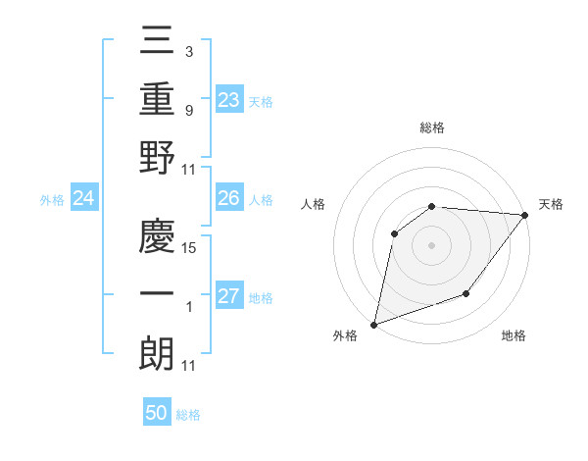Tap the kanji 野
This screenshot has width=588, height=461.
(158, 158)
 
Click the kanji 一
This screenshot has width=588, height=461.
(158, 295)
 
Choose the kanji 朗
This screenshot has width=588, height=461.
(158, 354)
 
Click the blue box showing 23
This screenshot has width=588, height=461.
(228, 99)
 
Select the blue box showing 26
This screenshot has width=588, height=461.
(228, 198)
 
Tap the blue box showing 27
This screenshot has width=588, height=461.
(228, 296)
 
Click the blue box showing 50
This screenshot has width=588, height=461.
(157, 413)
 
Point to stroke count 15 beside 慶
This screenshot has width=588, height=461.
(189, 248)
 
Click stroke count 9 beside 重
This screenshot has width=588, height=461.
(188, 110)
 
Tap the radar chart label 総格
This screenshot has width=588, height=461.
(432, 128)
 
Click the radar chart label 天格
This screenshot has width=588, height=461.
(551, 204)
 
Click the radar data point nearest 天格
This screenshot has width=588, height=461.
(525, 215)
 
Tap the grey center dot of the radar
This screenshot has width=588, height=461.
(431, 244)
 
